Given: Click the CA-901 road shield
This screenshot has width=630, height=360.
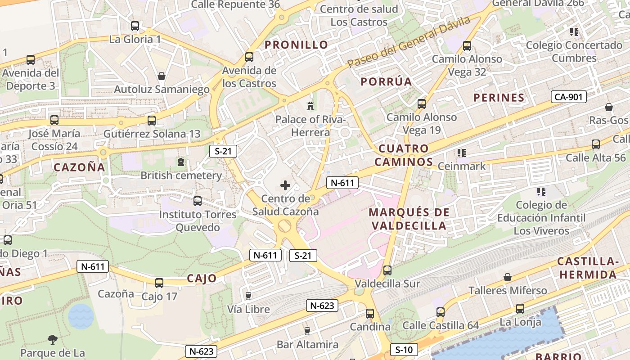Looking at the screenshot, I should coord(569,96).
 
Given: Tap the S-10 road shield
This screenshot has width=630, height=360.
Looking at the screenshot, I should coord(404,349).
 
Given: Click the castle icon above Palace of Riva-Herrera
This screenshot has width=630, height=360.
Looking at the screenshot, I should coord(310,106).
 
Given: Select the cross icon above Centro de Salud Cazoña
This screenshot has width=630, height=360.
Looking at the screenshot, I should coord(285,185).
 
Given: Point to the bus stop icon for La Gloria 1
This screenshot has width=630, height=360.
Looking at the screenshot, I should coord(135,26).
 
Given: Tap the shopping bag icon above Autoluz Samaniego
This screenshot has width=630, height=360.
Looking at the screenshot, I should coord(161,76).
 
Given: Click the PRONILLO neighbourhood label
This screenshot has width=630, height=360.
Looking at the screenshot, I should coord(296,45).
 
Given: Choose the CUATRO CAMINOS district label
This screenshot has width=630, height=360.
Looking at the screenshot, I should coord(404,155).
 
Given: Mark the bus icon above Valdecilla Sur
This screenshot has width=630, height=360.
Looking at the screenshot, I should coord(387,270).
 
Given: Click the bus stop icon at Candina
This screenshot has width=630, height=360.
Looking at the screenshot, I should coord(369,313).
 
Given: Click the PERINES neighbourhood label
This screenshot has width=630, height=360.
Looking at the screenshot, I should coord(499,98).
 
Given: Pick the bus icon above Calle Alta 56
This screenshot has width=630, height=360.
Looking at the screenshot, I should coord(596,144).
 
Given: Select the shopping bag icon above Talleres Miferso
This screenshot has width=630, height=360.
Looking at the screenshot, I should coord(508,277).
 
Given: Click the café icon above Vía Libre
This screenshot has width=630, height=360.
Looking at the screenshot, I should coord(248,296).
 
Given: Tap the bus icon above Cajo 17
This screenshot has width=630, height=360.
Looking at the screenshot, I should coord(159,283).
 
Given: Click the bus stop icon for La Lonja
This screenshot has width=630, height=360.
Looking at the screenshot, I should coord(520,309).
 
